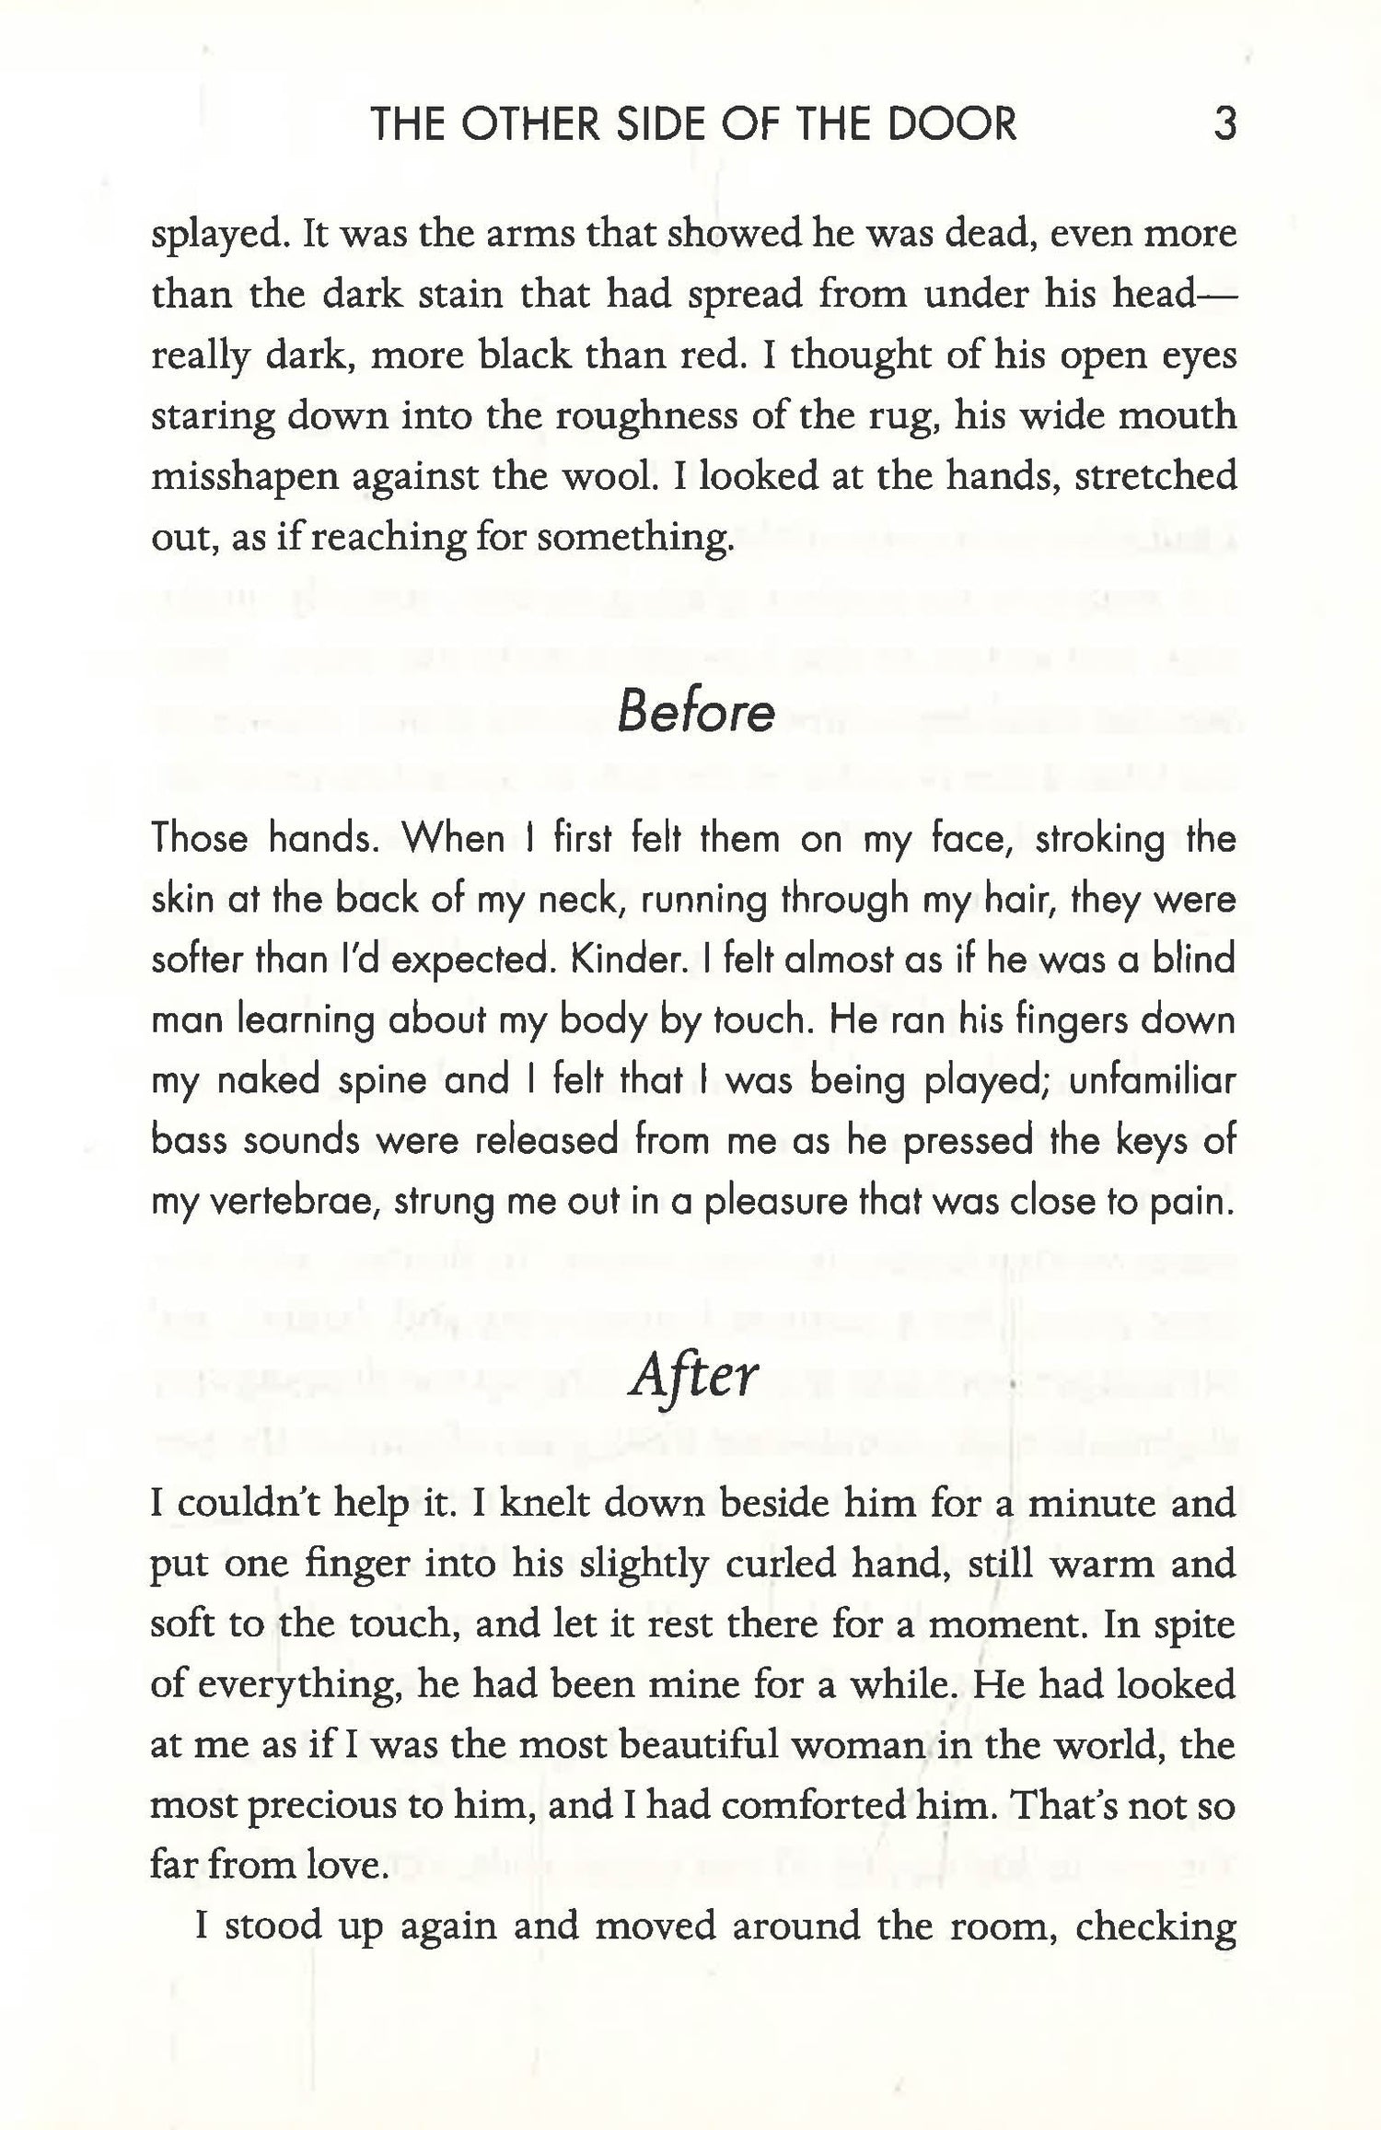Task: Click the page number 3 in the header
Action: point(1224,124)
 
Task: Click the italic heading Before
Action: point(695,712)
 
